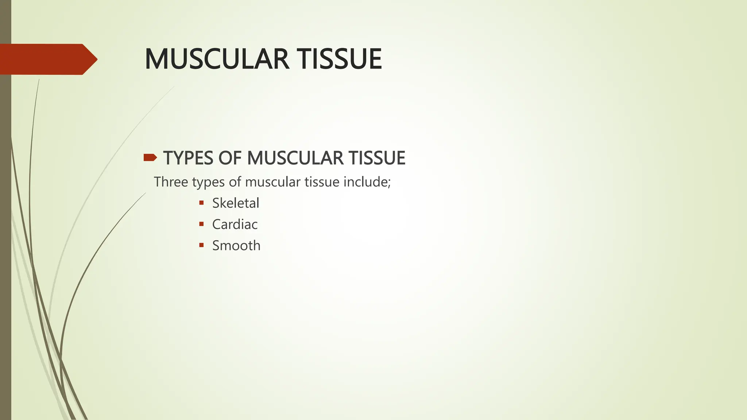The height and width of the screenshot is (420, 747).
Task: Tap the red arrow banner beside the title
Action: [47, 59]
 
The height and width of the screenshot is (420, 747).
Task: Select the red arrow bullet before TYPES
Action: [150, 157]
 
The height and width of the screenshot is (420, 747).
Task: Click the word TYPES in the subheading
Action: [188, 158]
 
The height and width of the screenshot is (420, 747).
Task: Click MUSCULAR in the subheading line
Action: [295, 158]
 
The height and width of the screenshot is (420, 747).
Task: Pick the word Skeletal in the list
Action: [236, 203]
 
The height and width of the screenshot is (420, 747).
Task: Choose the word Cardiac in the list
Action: [235, 224]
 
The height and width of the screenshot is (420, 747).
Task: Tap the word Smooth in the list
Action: [236, 245]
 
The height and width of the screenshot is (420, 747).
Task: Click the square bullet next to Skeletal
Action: [201, 203]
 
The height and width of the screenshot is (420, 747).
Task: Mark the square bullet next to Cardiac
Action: [201, 224]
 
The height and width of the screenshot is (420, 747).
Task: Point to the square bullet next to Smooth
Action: [201, 245]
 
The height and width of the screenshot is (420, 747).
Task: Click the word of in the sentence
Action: [235, 182]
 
